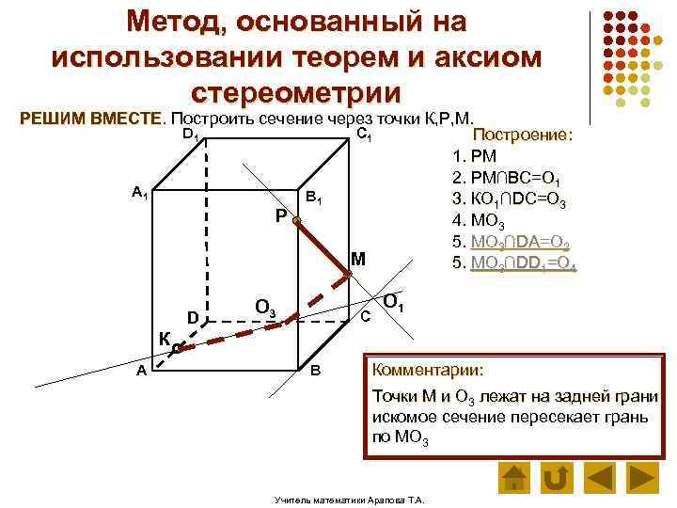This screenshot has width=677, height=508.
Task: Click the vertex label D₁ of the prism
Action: tap(189, 135)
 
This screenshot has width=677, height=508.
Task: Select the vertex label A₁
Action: tap(139, 193)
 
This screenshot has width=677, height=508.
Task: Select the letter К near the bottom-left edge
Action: tap(165, 339)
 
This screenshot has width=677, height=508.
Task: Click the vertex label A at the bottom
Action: tap(140, 371)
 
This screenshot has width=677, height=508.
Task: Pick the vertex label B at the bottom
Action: tap(316, 371)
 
